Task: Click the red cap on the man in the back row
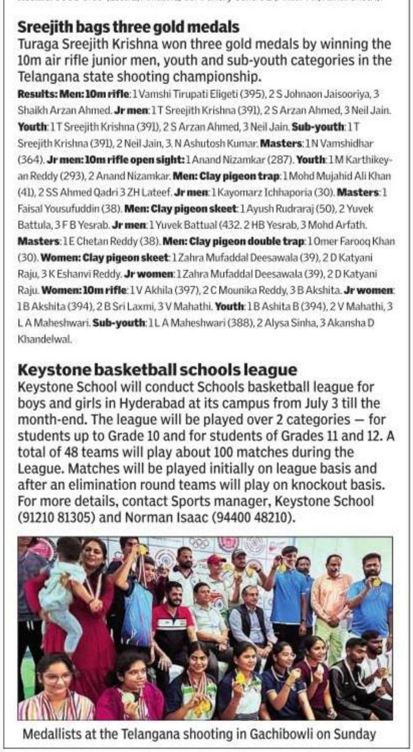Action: click(216, 559)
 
